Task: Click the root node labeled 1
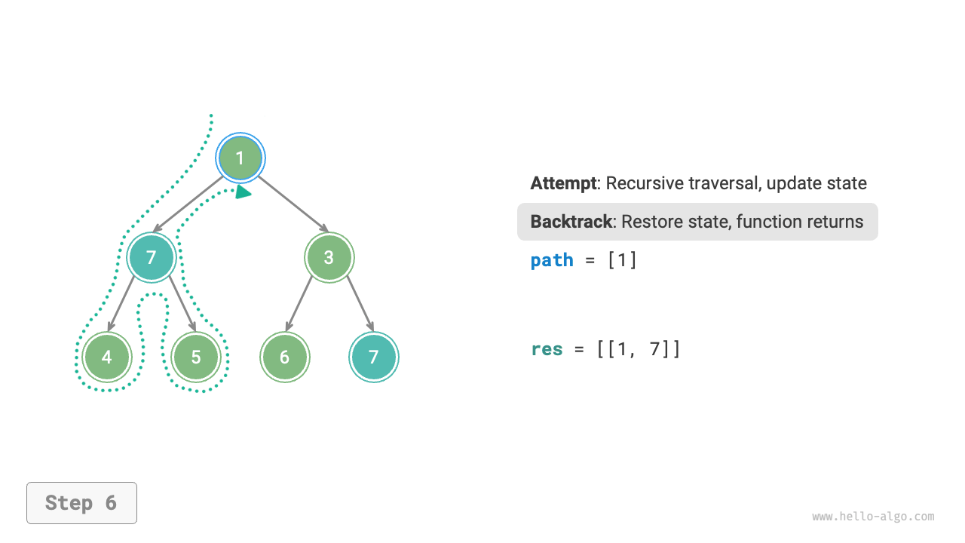[x=240, y=158]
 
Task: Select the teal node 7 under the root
[x=152, y=257]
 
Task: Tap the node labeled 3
[x=329, y=257]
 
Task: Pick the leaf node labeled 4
[x=107, y=357]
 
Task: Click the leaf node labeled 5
[x=196, y=357]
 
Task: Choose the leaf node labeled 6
[x=284, y=357]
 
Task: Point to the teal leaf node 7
[x=373, y=357]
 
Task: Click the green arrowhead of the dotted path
[x=243, y=192]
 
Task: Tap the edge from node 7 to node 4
[x=122, y=303]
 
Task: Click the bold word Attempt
[x=563, y=183]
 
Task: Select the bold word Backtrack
[x=571, y=222]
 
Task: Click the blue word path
[x=552, y=260]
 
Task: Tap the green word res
[x=547, y=349]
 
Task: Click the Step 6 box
[x=81, y=503]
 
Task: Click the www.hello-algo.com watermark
[x=873, y=517]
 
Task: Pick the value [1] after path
[x=622, y=260]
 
